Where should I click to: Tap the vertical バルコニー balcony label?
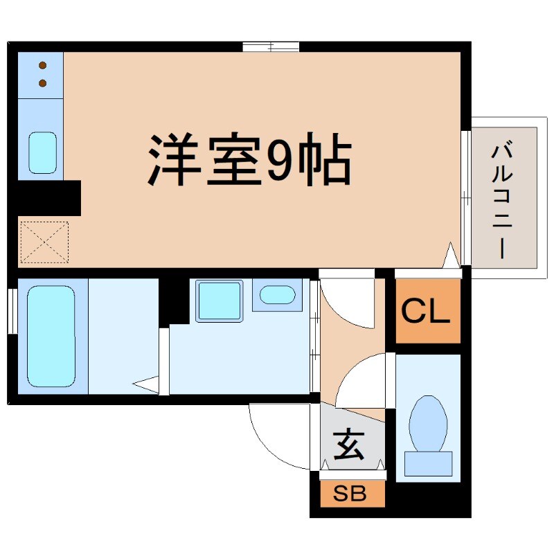tap(503, 201)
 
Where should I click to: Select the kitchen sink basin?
tap(42, 152)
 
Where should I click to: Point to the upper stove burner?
tap(42, 66)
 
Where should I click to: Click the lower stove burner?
tap(42, 83)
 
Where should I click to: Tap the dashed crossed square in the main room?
tap(44, 242)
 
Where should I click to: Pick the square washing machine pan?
tap(219, 301)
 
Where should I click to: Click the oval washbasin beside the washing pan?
tap(277, 296)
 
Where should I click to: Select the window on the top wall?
tap(271, 47)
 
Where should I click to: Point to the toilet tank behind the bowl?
tap(428, 463)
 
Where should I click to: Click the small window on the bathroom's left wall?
tap(12, 312)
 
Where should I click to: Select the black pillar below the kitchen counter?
tap(48, 197)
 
